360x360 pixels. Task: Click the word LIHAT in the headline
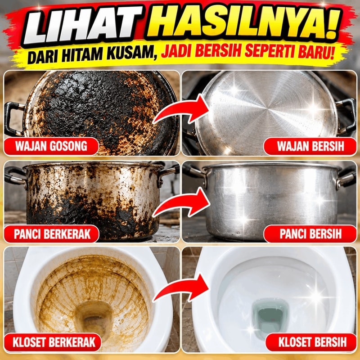tap(83, 25)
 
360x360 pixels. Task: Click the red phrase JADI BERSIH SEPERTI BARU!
tap(247, 52)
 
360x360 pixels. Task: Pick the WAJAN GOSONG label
tap(51, 146)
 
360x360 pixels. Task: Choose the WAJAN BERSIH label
tap(310, 146)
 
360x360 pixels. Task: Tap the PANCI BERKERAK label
tap(52, 234)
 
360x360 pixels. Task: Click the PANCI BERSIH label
tap(310, 234)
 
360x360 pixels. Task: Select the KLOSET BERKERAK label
tap(53, 342)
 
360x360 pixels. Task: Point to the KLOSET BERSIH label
tap(311, 342)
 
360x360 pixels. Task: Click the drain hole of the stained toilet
tap(94, 319)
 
